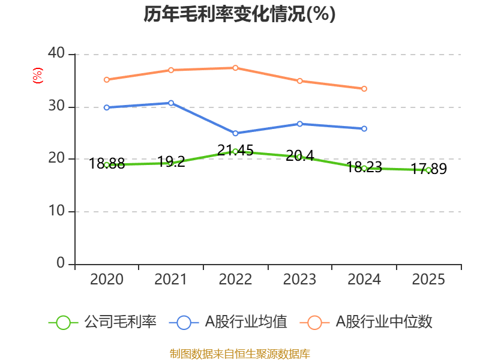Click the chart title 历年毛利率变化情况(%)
point(239,14)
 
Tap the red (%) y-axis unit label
point(37,76)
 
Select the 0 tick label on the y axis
point(61,263)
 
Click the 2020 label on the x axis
point(106,280)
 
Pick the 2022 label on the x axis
point(235,280)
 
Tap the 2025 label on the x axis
point(428,280)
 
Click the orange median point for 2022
point(235,68)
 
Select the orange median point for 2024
point(364,89)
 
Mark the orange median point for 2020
point(106,79)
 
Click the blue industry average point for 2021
point(171,103)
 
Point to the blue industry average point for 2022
point(235,133)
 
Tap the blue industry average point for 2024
point(364,128)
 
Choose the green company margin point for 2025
point(428,170)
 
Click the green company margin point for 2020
point(106,164)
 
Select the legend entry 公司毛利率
point(103,322)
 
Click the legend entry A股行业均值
point(229,322)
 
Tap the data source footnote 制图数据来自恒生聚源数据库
point(239,353)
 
